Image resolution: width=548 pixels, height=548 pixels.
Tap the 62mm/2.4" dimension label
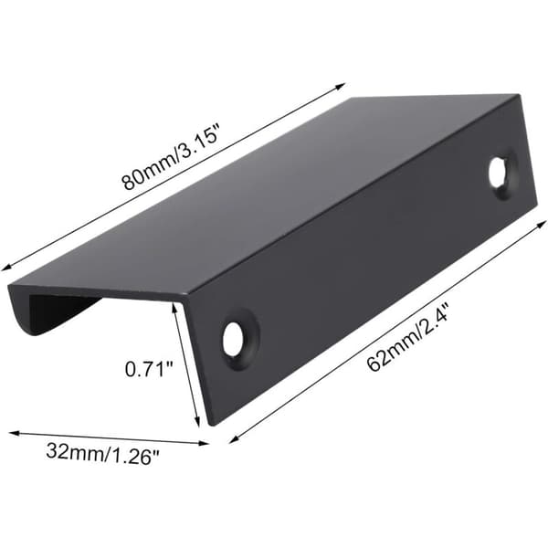tap(408, 342)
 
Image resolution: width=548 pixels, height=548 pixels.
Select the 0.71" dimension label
tap(149, 369)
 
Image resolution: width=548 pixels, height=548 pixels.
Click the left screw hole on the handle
tap(233, 339)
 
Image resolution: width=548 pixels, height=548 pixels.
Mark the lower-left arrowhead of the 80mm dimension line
tap(6, 268)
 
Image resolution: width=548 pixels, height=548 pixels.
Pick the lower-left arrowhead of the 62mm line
tap(234, 439)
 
